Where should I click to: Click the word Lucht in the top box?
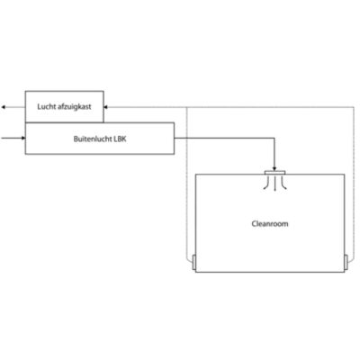coord(45,106)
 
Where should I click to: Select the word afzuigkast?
coord(73,106)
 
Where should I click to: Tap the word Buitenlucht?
coord(93,139)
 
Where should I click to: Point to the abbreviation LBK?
coord(121,139)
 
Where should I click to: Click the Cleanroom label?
coord(270,224)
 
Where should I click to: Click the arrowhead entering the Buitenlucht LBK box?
coord(23,138)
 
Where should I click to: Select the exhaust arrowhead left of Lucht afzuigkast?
coord(4,107)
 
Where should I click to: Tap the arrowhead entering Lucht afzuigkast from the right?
coord(105,107)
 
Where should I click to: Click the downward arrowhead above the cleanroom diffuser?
coord(274,169)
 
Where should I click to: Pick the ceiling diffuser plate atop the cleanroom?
coord(274,173)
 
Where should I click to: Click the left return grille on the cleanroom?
coord(193,263)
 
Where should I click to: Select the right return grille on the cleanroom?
coord(346,263)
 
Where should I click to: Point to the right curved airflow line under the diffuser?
coord(283,184)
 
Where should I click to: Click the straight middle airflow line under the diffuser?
coord(275,184)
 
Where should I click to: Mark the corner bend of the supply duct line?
coord(274,139)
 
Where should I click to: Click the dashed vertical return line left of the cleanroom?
coord(186,183)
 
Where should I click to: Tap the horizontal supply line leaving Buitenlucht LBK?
coord(224,139)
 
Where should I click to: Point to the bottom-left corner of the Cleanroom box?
coord(195,272)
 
